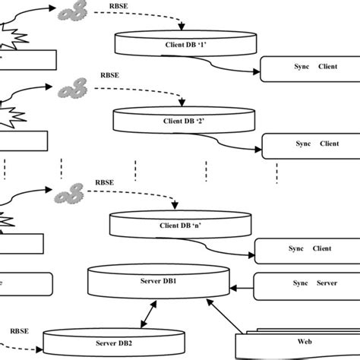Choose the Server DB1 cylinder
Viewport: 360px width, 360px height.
coord(159,283)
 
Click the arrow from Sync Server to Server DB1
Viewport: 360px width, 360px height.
coord(241,286)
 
